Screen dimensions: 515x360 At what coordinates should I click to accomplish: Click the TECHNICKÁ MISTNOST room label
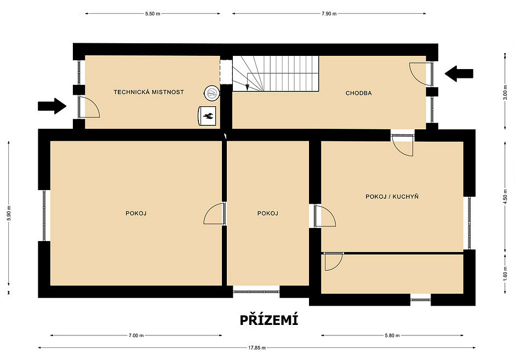click(148, 92)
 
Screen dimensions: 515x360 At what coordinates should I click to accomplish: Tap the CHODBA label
click(359, 93)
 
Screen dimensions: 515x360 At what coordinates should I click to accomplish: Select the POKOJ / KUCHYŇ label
click(392, 196)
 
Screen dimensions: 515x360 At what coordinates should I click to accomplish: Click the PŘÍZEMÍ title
click(269, 320)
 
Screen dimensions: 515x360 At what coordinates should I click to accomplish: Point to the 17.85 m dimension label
click(257, 347)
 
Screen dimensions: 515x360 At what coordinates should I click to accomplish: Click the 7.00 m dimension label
click(136, 335)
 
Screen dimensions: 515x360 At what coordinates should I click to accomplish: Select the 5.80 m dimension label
click(392, 335)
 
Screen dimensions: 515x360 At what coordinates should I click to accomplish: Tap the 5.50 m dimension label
click(153, 14)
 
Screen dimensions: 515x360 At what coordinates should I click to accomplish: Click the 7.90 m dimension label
click(329, 14)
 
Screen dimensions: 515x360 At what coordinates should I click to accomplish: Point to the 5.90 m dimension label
click(9, 213)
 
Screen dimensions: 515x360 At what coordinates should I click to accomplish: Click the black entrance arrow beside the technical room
click(52, 106)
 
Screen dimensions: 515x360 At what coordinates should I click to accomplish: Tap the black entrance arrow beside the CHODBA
click(459, 73)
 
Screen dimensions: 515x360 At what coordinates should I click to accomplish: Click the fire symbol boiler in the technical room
click(207, 116)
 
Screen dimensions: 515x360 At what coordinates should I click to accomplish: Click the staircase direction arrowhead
click(247, 87)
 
